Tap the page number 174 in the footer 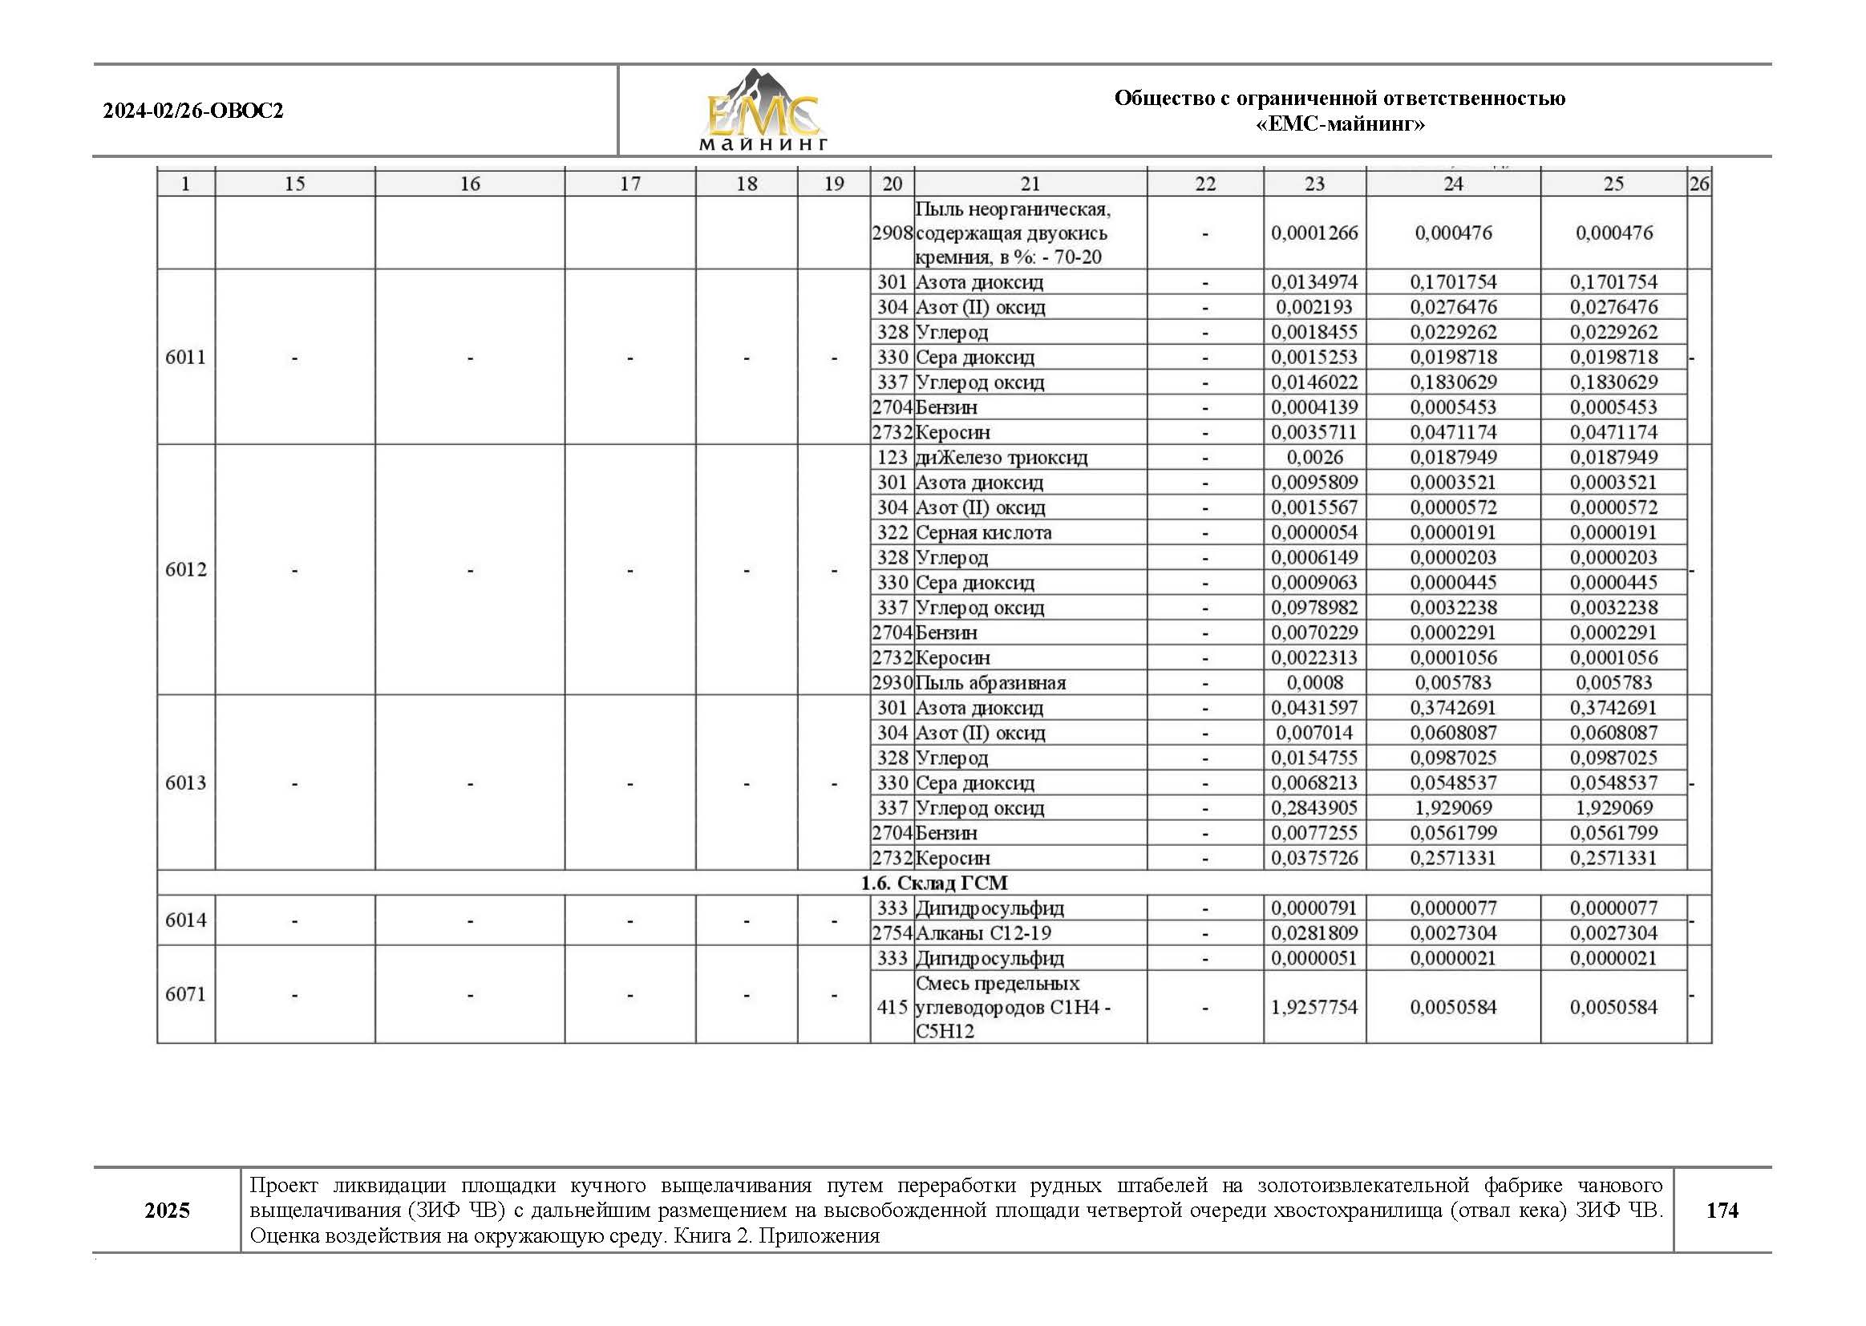(x=1722, y=1210)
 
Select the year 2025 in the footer (x=168, y=1210)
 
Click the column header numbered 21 (x=1030, y=184)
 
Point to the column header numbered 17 (x=629, y=184)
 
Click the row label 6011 (x=185, y=357)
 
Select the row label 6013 (x=185, y=783)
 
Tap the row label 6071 (x=185, y=993)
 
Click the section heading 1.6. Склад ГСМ (x=933, y=883)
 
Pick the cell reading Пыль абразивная (x=990, y=682)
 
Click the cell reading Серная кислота (x=983, y=532)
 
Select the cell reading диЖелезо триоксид (x=1002, y=457)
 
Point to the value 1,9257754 (x=1314, y=1007)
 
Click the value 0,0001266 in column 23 (x=1314, y=232)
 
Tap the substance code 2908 (x=891, y=232)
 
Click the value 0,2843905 (x=1314, y=807)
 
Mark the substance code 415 (x=892, y=1007)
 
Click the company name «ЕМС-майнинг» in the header (x=1339, y=124)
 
